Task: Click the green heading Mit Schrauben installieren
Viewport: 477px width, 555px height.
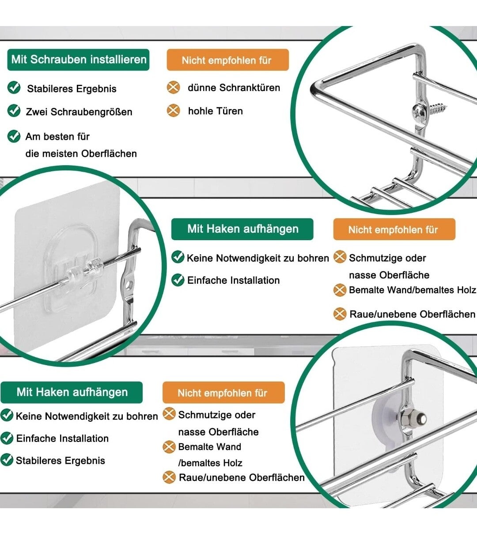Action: [x=78, y=60]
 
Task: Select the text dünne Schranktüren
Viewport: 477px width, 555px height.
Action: [x=234, y=88]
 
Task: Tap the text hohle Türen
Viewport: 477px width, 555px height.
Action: [x=216, y=111]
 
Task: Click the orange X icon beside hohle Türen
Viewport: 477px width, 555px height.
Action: [x=174, y=110]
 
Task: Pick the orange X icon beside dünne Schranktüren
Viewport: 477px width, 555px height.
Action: [x=174, y=87]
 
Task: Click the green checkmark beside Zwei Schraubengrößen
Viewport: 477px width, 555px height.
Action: [x=14, y=111]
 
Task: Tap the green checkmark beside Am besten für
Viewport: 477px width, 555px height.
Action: [x=14, y=136]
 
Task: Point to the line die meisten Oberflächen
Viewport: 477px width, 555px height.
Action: [x=81, y=154]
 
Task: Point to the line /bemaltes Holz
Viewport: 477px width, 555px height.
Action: [x=210, y=463]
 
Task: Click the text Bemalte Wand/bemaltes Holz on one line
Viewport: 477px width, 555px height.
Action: [x=412, y=290]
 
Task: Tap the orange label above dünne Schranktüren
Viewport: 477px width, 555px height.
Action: [x=228, y=60]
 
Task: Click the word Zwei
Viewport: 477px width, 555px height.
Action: [x=37, y=112]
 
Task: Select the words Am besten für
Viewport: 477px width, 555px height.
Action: [x=57, y=137]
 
